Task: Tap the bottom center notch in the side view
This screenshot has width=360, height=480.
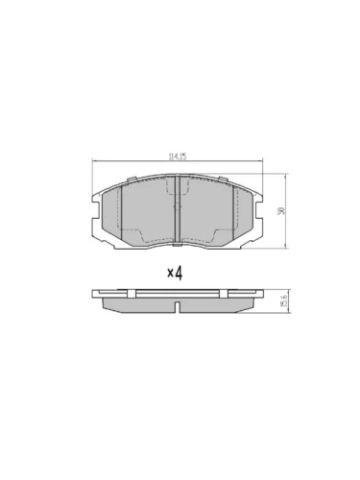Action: (x=180, y=308)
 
